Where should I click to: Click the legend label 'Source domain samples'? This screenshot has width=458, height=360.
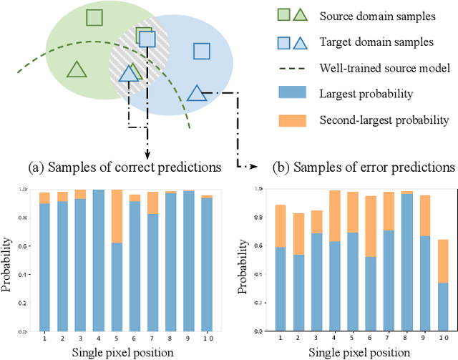point(371,16)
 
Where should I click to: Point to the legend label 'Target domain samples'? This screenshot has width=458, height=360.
point(371,42)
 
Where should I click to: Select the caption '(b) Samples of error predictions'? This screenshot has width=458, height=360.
point(364,168)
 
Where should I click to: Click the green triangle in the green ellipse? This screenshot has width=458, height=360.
point(76,69)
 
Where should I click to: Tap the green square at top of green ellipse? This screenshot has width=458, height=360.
point(92,19)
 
